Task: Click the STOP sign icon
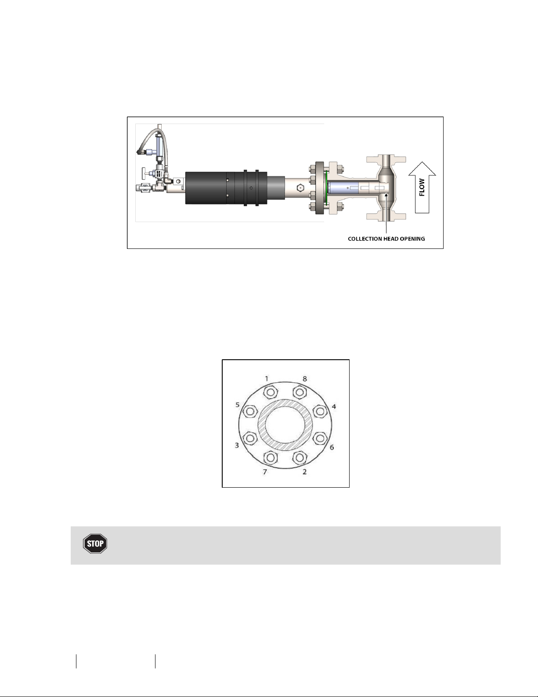pos(95,544)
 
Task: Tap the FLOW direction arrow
pos(422,188)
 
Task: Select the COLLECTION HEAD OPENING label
pos(386,239)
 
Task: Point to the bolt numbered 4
pos(319,411)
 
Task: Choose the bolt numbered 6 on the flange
pos(319,438)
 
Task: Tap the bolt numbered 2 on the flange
pos(300,457)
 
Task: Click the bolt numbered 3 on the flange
pos(250,438)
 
